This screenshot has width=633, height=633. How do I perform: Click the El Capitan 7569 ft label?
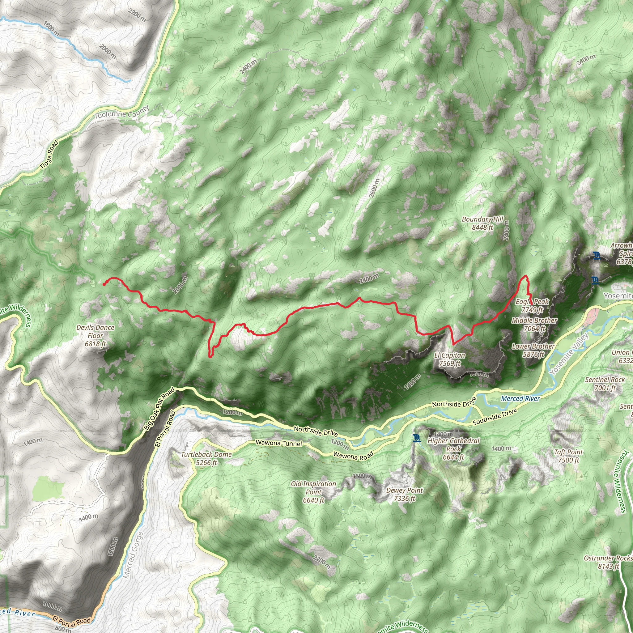pos(449,359)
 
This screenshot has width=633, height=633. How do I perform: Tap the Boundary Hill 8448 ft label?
pos(482,223)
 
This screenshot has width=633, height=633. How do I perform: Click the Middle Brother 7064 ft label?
pos(534,324)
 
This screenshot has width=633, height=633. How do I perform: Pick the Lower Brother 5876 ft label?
pos(533,350)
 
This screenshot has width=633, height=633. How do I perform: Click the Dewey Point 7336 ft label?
pos(405,494)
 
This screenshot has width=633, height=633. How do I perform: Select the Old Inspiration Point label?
pos(313,492)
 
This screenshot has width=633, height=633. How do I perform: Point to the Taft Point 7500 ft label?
pos(568,456)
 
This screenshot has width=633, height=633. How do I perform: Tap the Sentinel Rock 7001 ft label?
pos(605,384)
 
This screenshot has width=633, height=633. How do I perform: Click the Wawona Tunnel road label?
pos(279,443)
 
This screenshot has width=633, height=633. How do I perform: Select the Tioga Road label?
pos(49,155)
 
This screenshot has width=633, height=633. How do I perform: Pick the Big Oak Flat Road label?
pos(159,409)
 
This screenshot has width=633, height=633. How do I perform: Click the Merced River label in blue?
pos(520,398)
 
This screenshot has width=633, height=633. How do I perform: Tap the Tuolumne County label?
pos(122,113)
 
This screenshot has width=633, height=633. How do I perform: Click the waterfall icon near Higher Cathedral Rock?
pos(416,438)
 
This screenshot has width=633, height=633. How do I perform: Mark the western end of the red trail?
pos(104,284)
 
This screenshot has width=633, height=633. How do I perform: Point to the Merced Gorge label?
pos(133,555)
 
